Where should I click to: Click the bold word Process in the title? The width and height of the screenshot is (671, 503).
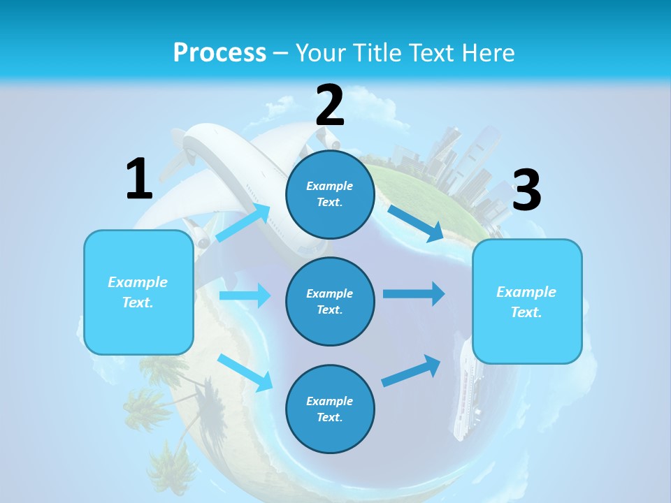pyautogui.click(x=219, y=52)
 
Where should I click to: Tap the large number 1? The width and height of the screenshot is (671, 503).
pyautogui.click(x=139, y=179)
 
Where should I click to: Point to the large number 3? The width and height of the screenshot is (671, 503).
pyautogui.click(x=526, y=190)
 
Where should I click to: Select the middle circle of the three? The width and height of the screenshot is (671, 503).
pyautogui.click(x=330, y=301)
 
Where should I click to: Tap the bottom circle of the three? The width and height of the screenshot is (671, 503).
pyautogui.click(x=330, y=409)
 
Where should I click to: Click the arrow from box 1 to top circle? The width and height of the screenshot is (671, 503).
pyautogui.click(x=243, y=222)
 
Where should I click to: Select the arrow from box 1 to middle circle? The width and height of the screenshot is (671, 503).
pyautogui.click(x=245, y=296)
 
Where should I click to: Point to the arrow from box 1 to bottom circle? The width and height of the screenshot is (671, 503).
pyautogui.click(x=245, y=372)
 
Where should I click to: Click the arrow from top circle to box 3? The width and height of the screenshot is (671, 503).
pyautogui.click(x=416, y=223)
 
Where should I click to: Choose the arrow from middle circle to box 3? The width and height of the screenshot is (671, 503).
pyautogui.click(x=414, y=293)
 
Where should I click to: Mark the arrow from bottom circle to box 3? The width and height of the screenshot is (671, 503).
pyautogui.click(x=412, y=370)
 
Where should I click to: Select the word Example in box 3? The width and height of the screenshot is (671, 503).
pyautogui.click(x=526, y=292)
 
